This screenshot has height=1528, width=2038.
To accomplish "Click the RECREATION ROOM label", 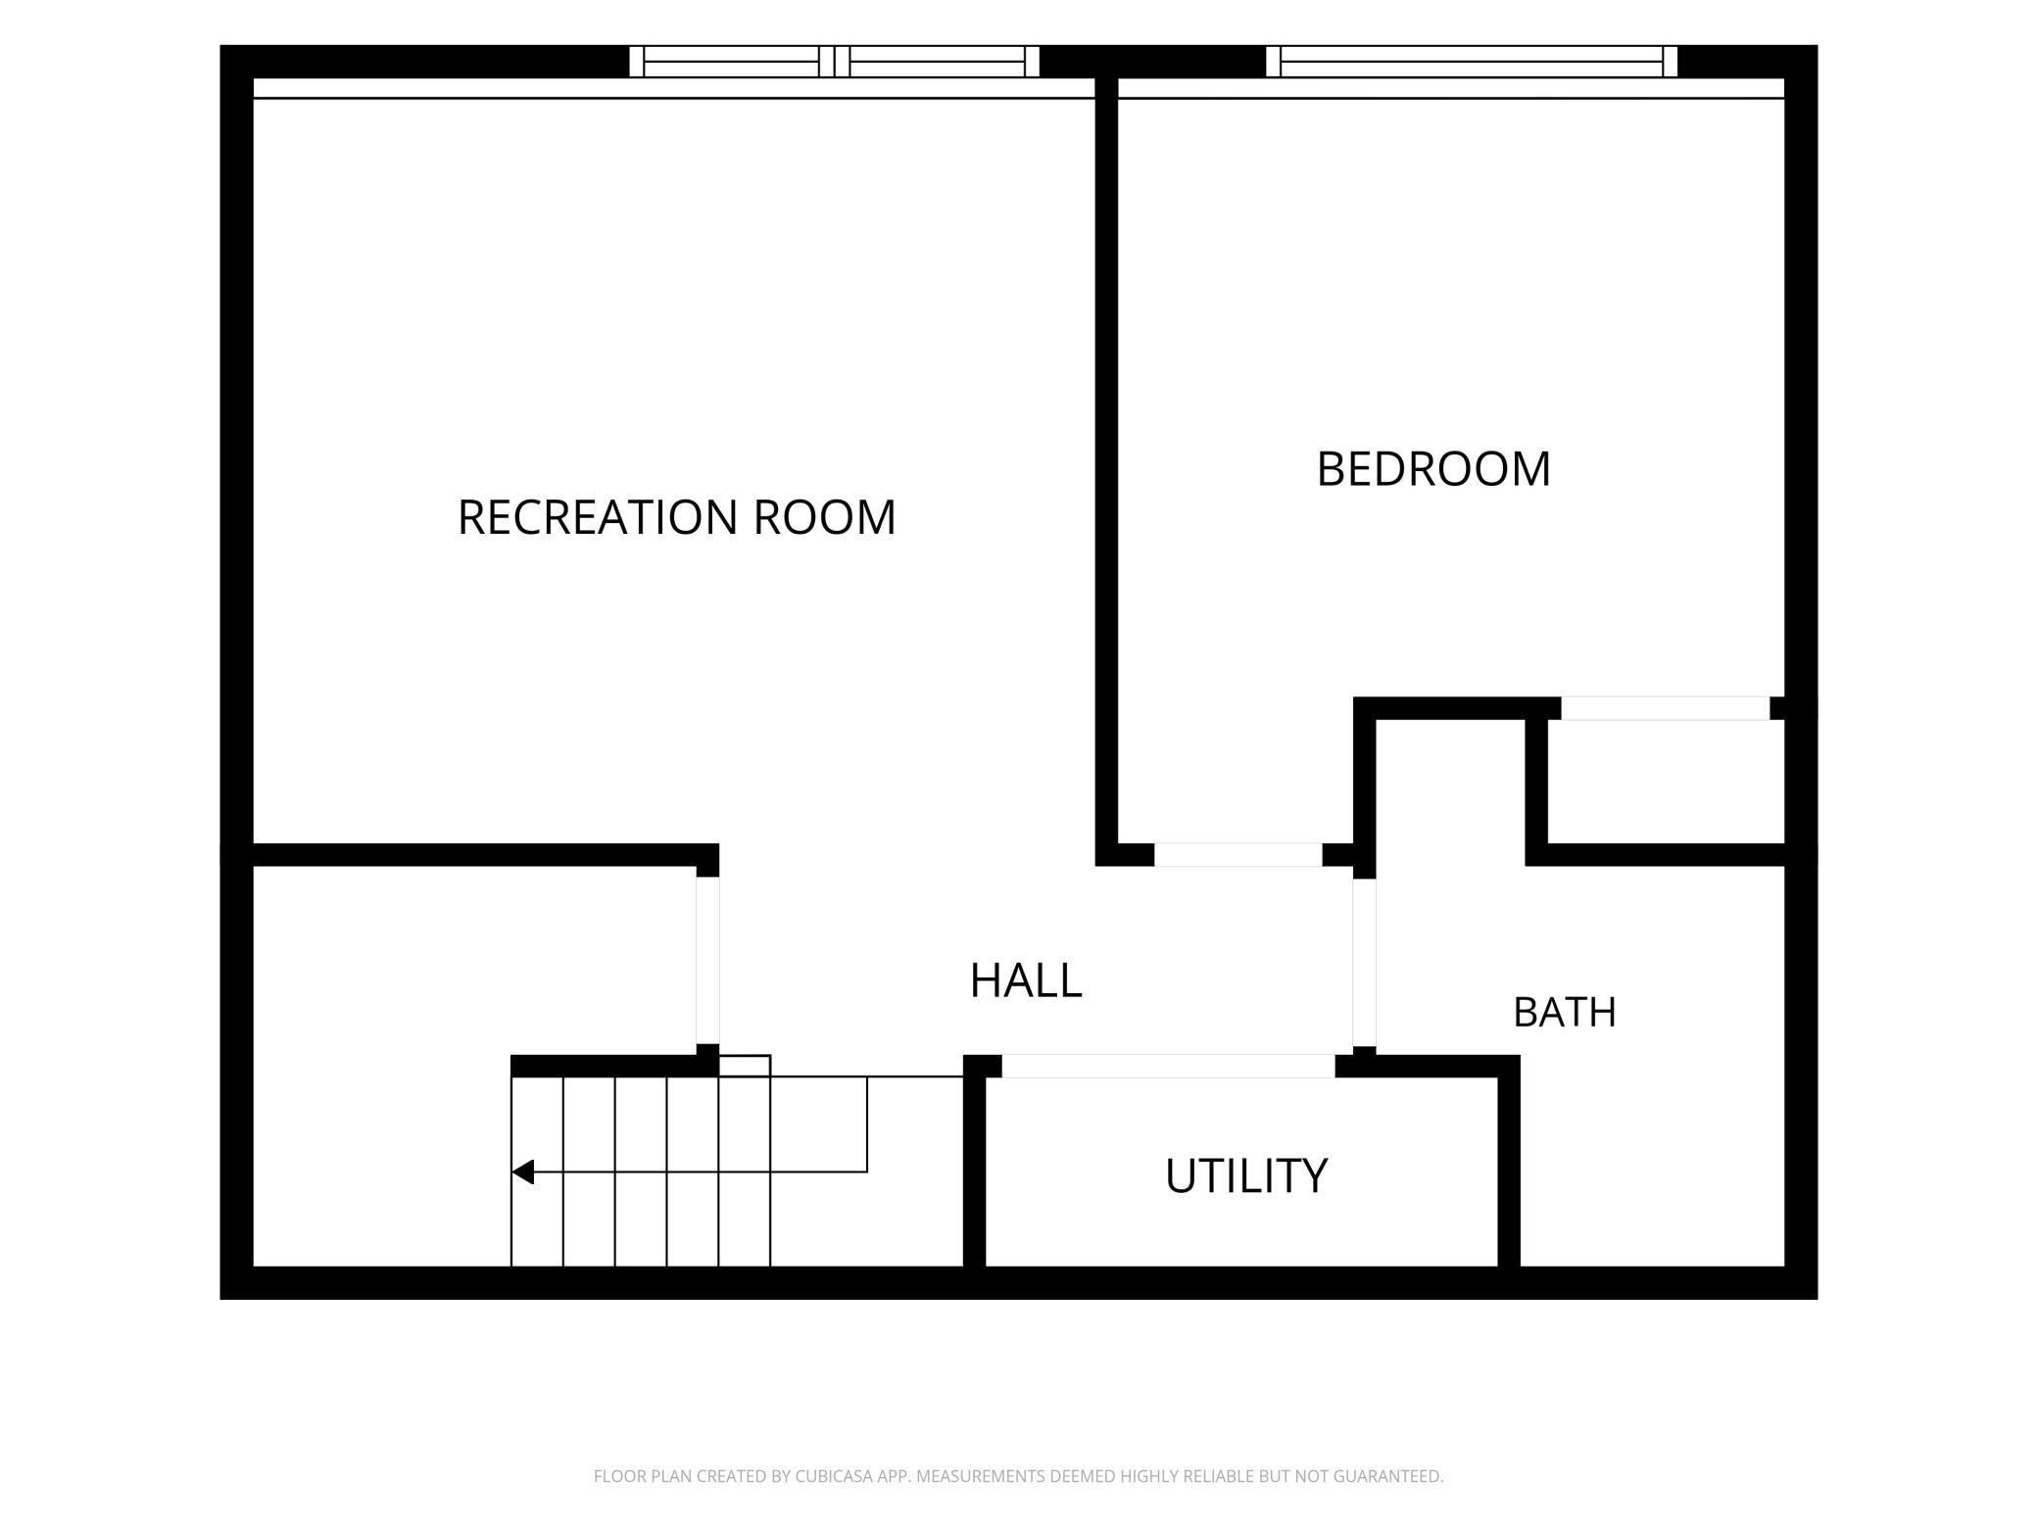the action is tap(676, 517).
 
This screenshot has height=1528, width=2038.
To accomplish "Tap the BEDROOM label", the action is tap(1433, 469).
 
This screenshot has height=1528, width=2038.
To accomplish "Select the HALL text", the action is tap(1026, 980).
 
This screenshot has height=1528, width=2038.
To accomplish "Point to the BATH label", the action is tap(1565, 1013).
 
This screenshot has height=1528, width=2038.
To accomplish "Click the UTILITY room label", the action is tap(1246, 1175).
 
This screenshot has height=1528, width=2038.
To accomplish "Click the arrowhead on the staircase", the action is tap(523, 1171).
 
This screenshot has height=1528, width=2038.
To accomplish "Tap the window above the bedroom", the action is tap(1472, 62).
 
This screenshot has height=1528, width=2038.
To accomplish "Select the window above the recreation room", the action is tap(834, 62).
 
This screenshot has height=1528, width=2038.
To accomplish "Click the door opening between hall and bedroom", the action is tap(1238, 854).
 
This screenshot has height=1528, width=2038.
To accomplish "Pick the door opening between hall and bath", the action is tap(1364, 963).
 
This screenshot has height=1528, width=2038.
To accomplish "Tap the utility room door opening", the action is tap(1168, 1066).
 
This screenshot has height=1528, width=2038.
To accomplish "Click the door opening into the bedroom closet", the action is tap(1666, 708).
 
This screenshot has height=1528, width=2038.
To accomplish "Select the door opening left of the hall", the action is tap(707, 961).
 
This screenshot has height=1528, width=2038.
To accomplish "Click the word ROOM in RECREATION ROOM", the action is tap(824, 517).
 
